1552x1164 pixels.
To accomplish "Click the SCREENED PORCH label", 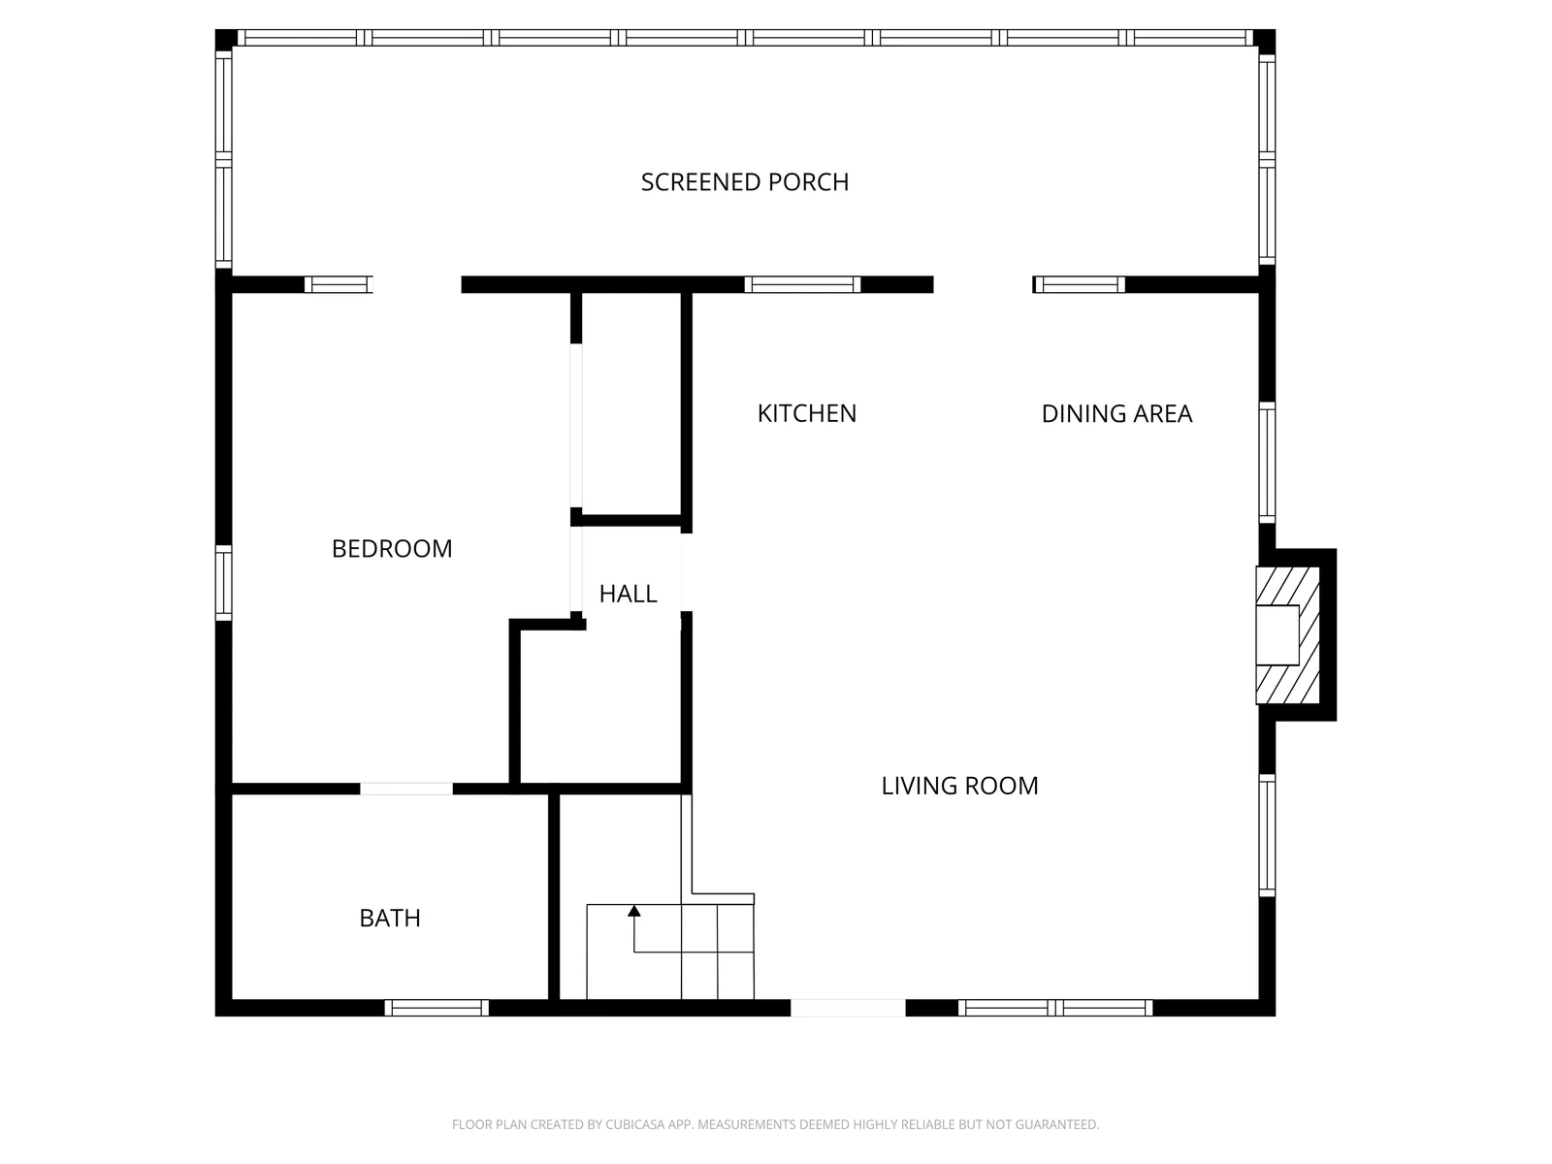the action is click(x=745, y=182).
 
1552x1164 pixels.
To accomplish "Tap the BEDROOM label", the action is click(x=392, y=548).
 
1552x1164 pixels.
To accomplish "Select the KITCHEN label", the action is click(x=807, y=413).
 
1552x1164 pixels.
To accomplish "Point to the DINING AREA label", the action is click(x=1116, y=413).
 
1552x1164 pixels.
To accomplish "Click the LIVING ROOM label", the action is click(x=959, y=786).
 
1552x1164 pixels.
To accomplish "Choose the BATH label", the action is click(x=390, y=918).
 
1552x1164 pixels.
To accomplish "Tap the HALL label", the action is click(x=628, y=594).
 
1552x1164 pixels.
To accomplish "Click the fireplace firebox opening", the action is click(x=1277, y=634).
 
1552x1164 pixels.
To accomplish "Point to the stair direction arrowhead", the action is click(x=634, y=911).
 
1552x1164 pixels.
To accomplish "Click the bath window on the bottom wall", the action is click(x=436, y=1008).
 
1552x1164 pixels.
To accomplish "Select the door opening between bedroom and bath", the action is click(x=406, y=789).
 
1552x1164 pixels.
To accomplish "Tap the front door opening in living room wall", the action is click(x=848, y=1008).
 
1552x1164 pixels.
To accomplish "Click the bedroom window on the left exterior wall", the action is click(x=223, y=583).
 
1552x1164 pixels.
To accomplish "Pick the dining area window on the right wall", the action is click(x=1267, y=463).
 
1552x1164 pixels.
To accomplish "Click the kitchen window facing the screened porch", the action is click(x=802, y=284).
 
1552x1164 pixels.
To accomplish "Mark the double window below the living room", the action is click(x=1055, y=1008).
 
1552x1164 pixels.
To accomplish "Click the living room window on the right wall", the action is click(x=1267, y=835).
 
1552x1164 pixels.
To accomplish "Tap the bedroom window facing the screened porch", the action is click(x=339, y=284).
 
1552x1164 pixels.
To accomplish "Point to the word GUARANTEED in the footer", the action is click(x=1057, y=1124).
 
